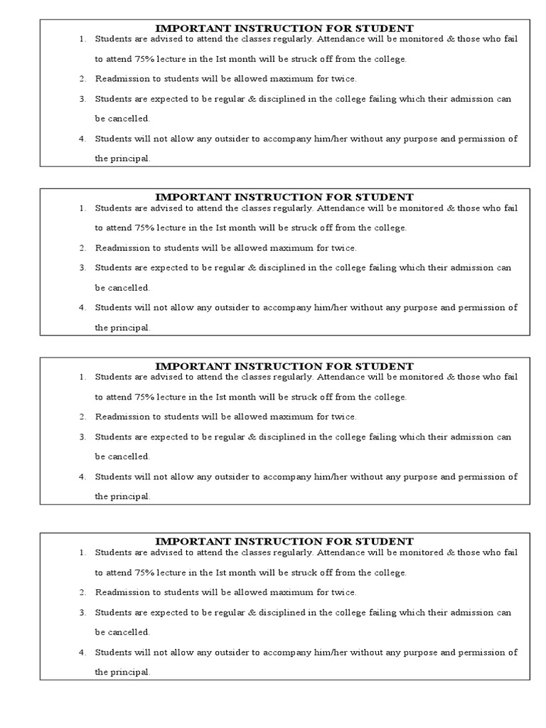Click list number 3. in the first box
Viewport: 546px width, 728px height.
[x=82, y=99]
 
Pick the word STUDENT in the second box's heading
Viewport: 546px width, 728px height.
[x=389, y=197]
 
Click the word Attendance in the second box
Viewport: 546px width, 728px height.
[x=339, y=208]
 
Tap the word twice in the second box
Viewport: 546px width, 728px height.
[x=344, y=248]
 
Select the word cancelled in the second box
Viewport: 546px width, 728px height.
[x=129, y=288]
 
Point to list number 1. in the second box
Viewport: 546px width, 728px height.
[x=82, y=208]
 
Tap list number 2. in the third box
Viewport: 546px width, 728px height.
[x=82, y=417]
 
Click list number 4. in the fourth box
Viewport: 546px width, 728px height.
[x=82, y=652]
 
